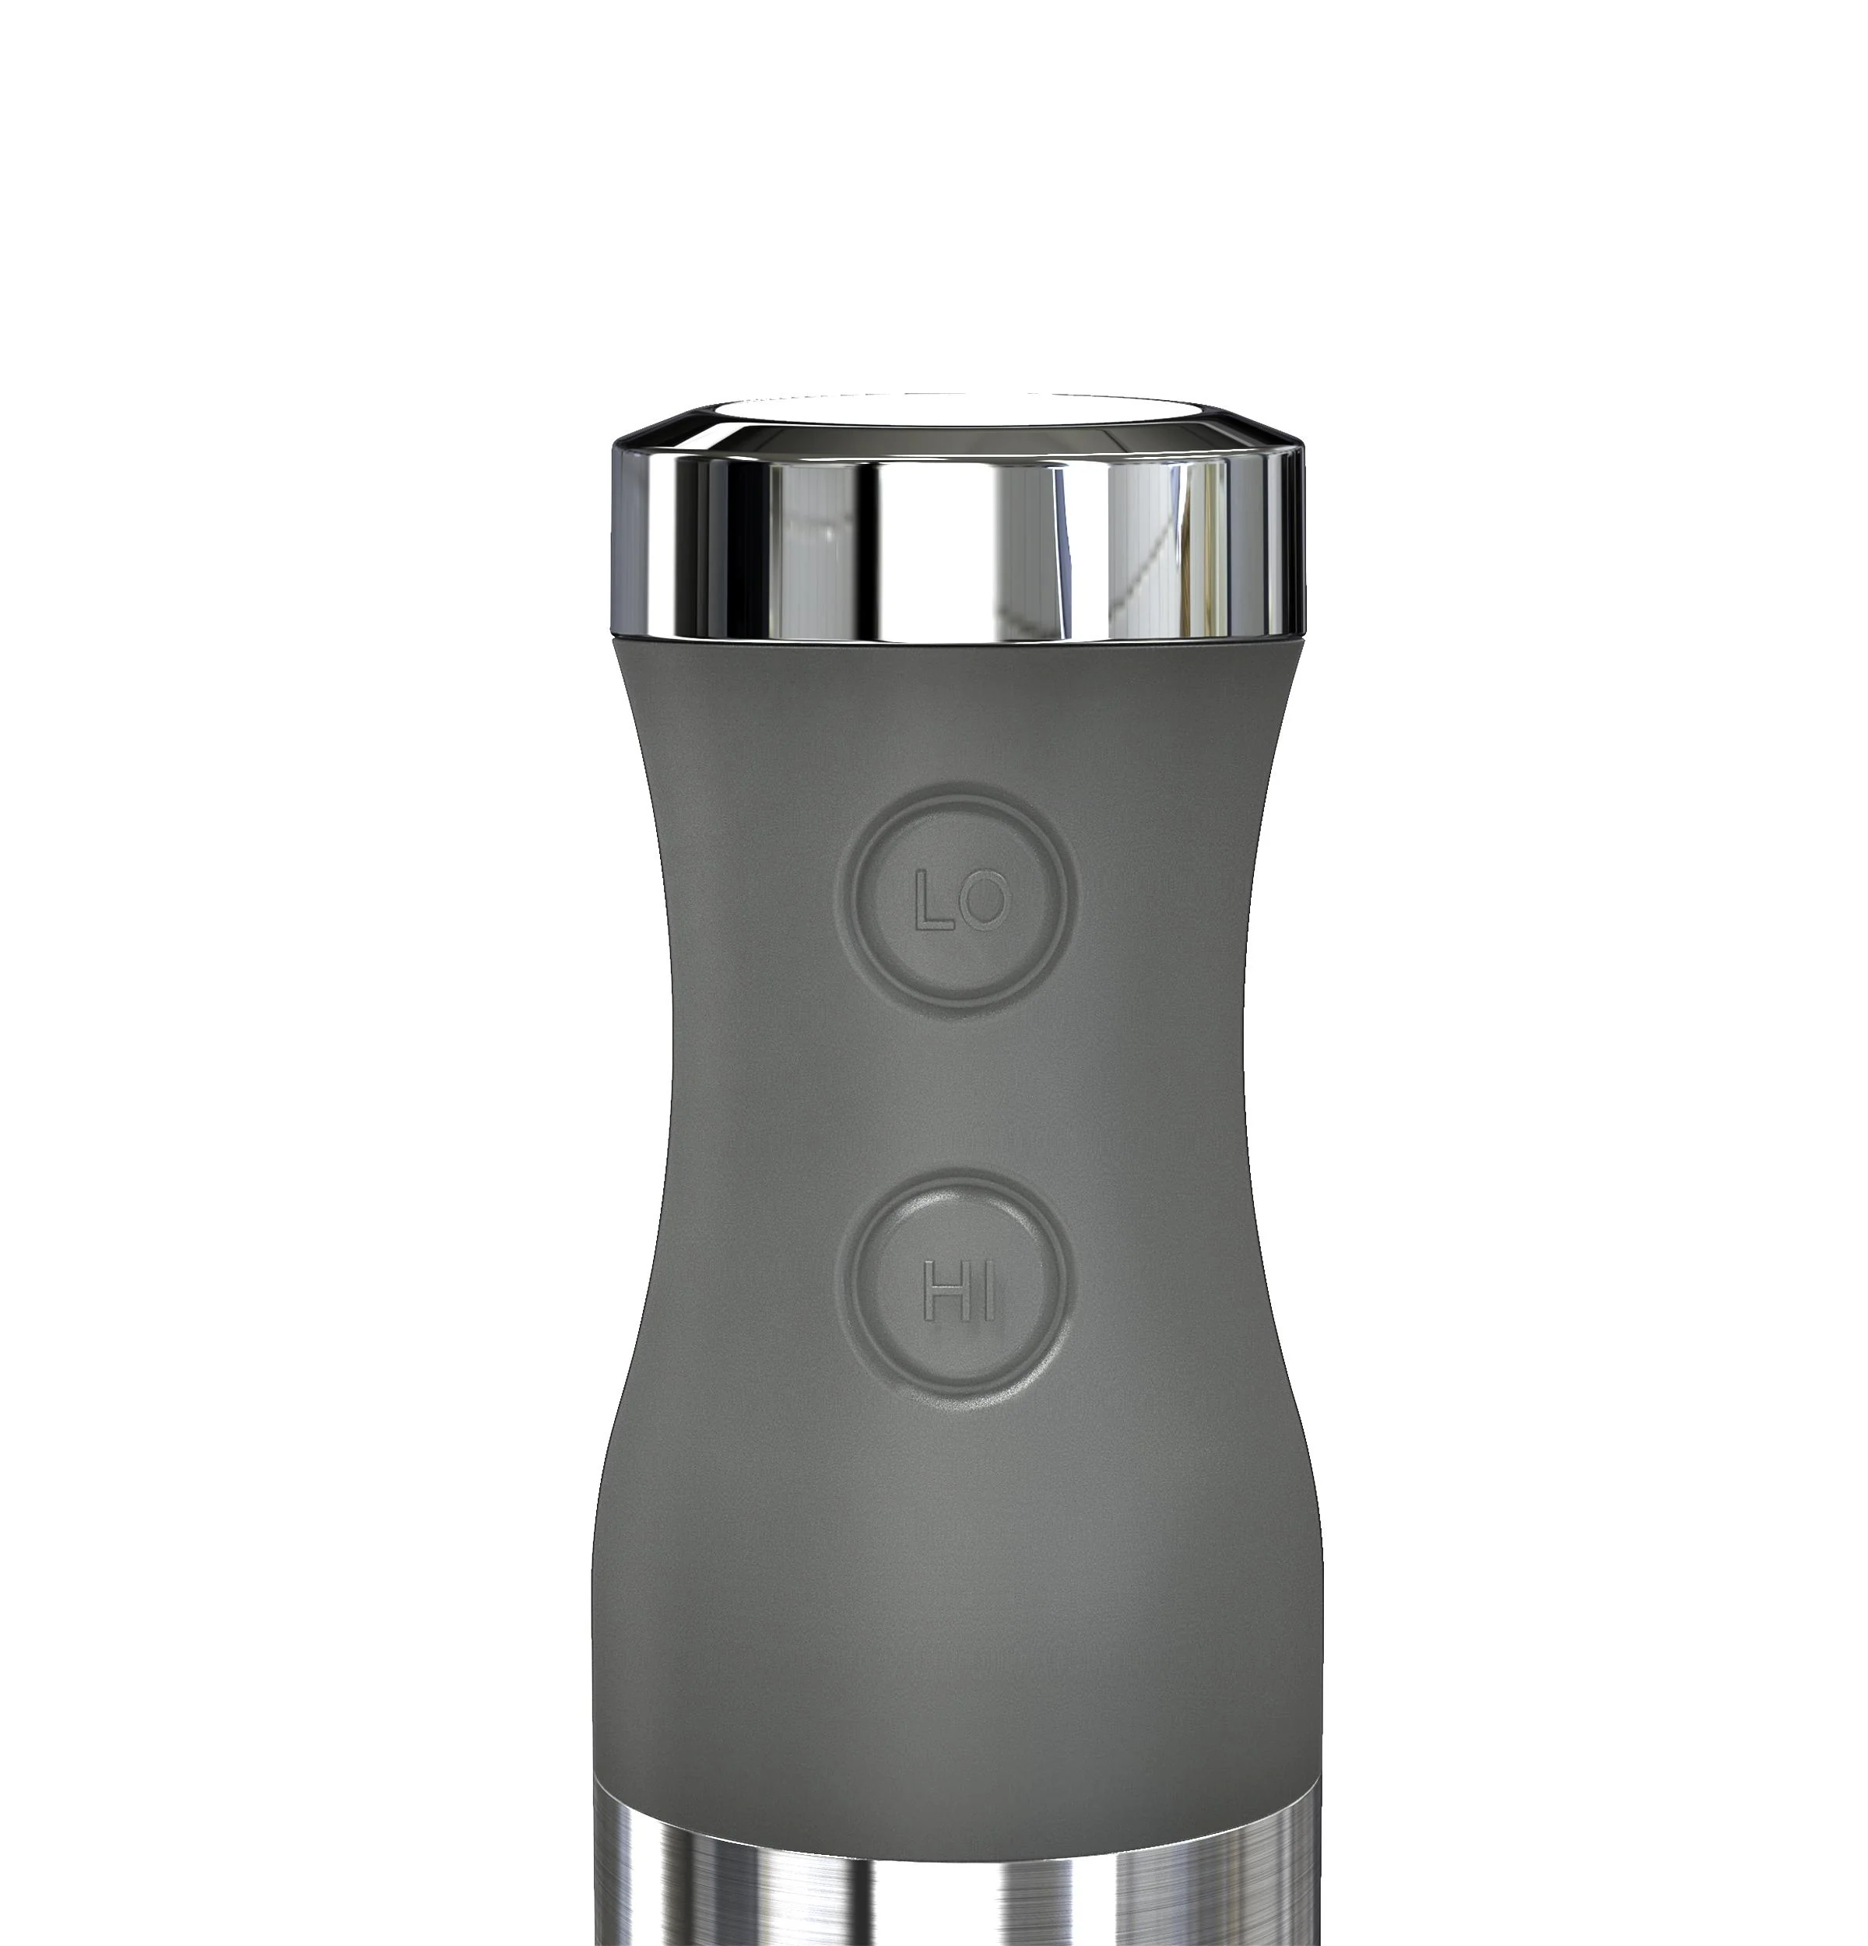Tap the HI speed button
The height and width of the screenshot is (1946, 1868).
955,1291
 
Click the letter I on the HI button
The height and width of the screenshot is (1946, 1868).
985,1291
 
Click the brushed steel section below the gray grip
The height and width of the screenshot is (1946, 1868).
953,1886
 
